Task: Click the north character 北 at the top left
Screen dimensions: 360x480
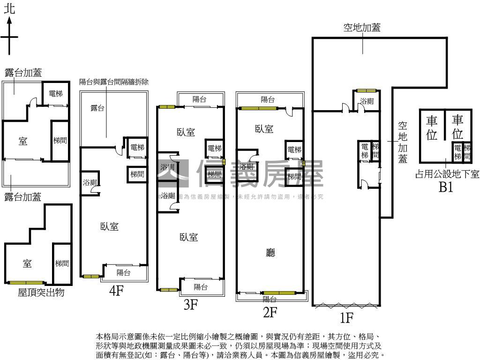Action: click(x=9, y=9)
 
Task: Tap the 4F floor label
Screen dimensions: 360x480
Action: click(x=116, y=291)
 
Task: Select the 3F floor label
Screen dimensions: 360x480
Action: click(x=190, y=305)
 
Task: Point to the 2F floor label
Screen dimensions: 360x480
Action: click(x=270, y=312)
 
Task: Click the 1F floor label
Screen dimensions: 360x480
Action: click(x=346, y=318)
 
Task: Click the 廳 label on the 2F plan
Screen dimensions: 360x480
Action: click(x=270, y=253)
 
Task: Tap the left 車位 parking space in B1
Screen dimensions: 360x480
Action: click(x=431, y=127)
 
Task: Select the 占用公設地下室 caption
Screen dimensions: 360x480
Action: click(x=447, y=174)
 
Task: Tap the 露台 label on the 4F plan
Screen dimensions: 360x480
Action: click(x=97, y=108)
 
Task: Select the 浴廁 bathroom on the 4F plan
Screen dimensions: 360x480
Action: click(x=90, y=182)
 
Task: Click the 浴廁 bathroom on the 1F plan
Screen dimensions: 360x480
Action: click(x=367, y=101)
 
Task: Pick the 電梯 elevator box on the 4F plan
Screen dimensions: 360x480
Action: click(x=136, y=147)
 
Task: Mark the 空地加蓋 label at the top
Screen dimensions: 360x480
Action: click(x=361, y=28)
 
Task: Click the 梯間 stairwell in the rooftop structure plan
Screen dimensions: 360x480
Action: click(x=62, y=264)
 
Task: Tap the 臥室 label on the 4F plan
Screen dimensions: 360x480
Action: click(x=109, y=227)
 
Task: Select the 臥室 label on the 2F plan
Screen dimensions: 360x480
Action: click(x=264, y=129)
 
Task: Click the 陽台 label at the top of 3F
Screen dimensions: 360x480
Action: click(x=200, y=99)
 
